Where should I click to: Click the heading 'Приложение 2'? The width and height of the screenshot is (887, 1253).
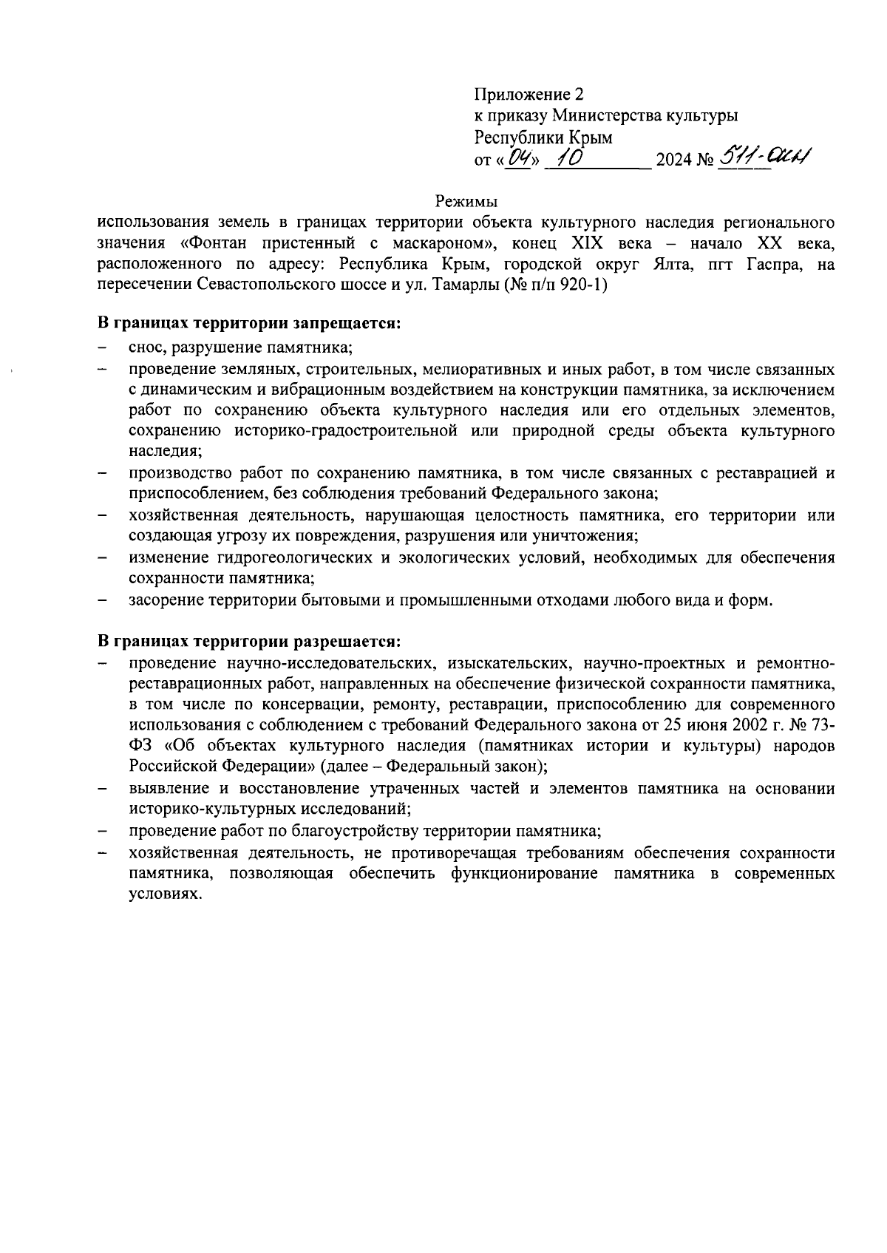coord(529,95)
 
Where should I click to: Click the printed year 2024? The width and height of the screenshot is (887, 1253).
coord(674,160)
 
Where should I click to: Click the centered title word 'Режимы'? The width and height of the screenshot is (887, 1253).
coord(466,201)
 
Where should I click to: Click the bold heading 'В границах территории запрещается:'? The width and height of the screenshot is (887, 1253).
coord(250,325)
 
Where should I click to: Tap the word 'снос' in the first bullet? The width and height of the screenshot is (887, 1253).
coord(145,347)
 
